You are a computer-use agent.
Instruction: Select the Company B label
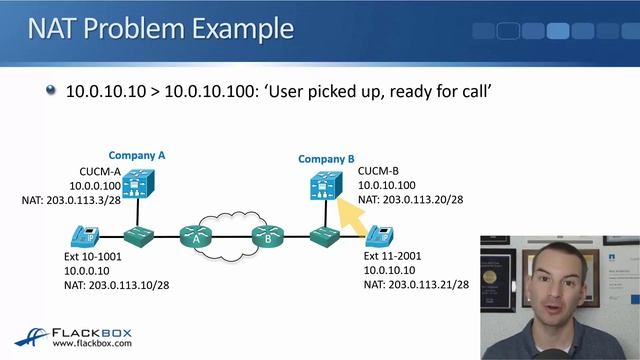pyautogui.click(x=326, y=159)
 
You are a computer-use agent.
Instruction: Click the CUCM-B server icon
pyautogui.click(x=323, y=185)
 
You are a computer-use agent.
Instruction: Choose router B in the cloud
pyautogui.click(x=267, y=238)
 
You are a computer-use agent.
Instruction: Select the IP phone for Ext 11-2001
pyautogui.click(x=379, y=237)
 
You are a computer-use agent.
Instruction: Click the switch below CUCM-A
pyautogui.click(x=136, y=238)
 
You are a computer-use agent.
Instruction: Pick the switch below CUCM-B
pyautogui.click(x=322, y=238)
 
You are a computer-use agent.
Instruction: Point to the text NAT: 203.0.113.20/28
pyautogui.click(x=410, y=200)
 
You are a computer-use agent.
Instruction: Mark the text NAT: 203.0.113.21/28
pyautogui.click(x=416, y=284)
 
